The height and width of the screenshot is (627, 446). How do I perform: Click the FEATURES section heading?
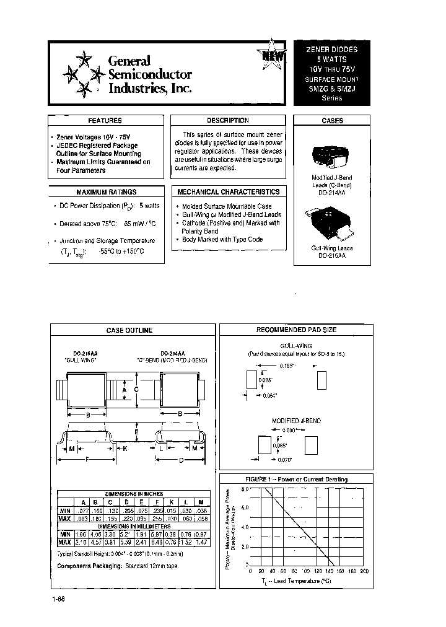tap(105, 121)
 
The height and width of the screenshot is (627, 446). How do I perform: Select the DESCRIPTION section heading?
tap(227, 121)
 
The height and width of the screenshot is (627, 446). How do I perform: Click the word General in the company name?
tap(129, 61)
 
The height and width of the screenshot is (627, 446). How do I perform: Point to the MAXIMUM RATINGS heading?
tap(106, 192)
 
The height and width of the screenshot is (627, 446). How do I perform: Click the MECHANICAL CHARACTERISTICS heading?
tap(228, 192)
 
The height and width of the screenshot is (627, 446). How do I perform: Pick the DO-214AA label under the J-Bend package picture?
tap(333, 191)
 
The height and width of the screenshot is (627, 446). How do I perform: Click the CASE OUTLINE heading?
tap(129, 330)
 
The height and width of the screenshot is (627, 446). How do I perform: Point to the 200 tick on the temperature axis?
tap(364, 571)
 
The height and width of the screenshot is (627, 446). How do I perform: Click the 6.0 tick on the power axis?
tap(245, 507)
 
